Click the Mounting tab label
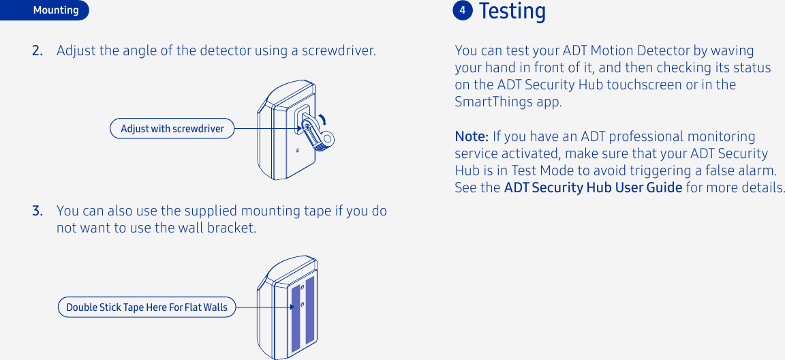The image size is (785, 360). click(x=56, y=10)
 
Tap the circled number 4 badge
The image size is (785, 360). click(x=463, y=10)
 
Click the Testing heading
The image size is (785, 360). click(x=512, y=12)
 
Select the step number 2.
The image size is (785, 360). click(x=37, y=51)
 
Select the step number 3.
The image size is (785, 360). click(x=37, y=211)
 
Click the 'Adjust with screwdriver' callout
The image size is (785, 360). click(x=172, y=128)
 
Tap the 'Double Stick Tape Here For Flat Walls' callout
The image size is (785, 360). click(x=147, y=307)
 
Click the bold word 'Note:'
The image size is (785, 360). click(x=472, y=136)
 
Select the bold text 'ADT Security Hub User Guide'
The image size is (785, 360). click(x=593, y=187)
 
